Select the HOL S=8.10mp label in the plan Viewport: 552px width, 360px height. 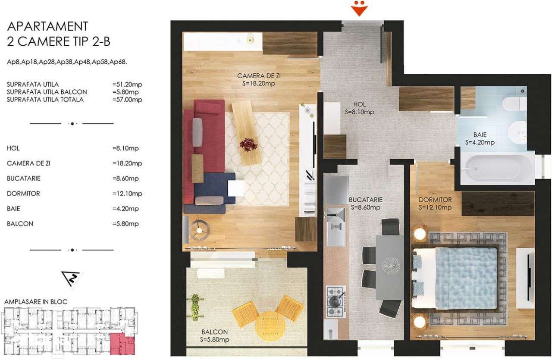(359, 108)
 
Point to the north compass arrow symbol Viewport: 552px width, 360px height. (72, 279)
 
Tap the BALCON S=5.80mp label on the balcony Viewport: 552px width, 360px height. (214, 336)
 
